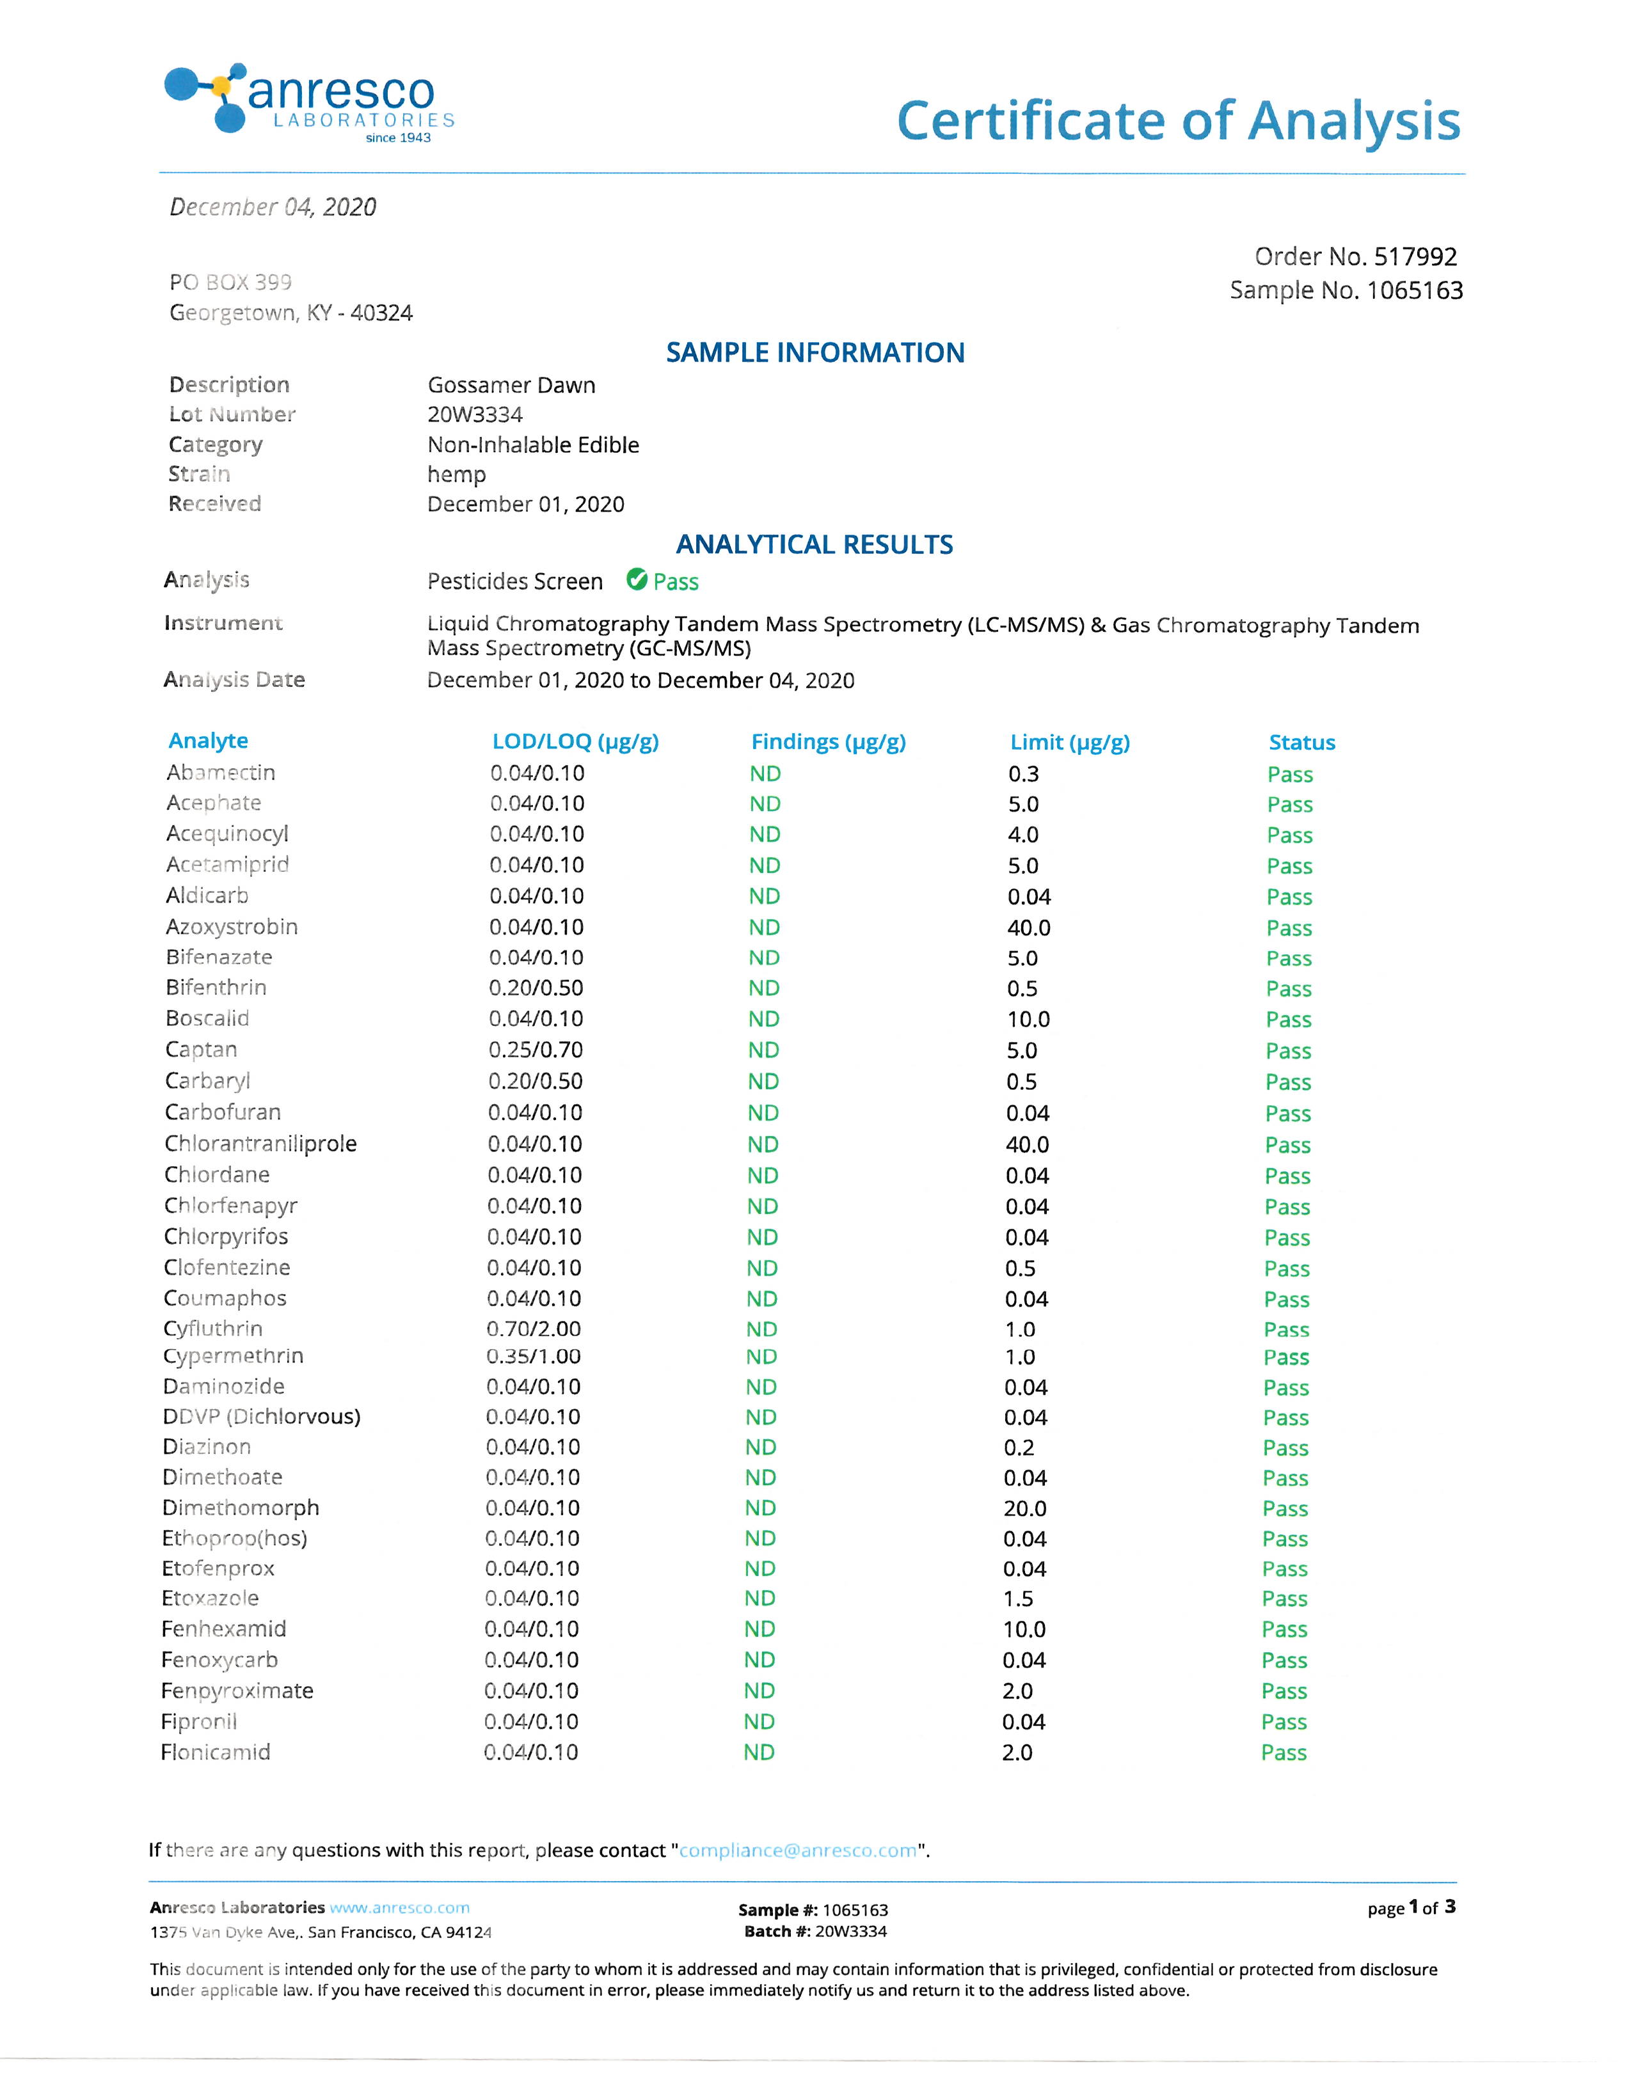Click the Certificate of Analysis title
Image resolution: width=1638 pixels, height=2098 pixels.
pyautogui.click(x=1178, y=122)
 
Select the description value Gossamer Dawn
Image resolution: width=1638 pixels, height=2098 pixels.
pyautogui.click(x=511, y=385)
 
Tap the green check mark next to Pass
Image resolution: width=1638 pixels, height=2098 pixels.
pyautogui.click(x=636, y=580)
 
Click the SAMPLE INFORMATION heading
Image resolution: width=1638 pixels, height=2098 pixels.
pyautogui.click(x=815, y=352)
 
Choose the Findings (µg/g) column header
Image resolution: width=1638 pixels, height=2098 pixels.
pyautogui.click(x=828, y=741)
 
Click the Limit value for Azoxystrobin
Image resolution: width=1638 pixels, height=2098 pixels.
pyautogui.click(x=1029, y=928)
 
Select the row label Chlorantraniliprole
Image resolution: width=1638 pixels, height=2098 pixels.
pyautogui.click(x=260, y=1143)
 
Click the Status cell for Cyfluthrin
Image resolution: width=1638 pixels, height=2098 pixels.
pyautogui.click(x=1286, y=1330)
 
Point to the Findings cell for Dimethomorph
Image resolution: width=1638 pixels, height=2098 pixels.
pyautogui.click(x=760, y=1508)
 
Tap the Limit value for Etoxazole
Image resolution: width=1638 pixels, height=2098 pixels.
pyautogui.click(x=1019, y=1598)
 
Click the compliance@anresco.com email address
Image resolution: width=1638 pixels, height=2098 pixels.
pyautogui.click(x=797, y=1850)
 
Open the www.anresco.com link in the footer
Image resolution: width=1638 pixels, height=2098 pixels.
pyautogui.click(x=400, y=1907)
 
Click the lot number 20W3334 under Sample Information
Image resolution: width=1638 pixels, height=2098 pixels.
pyautogui.click(x=475, y=415)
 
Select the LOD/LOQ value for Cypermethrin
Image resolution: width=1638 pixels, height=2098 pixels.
pyautogui.click(x=533, y=1357)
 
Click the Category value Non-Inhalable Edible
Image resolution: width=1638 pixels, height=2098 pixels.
pyautogui.click(x=533, y=445)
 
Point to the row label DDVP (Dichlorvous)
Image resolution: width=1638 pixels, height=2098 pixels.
pyautogui.click(x=261, y=1416)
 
